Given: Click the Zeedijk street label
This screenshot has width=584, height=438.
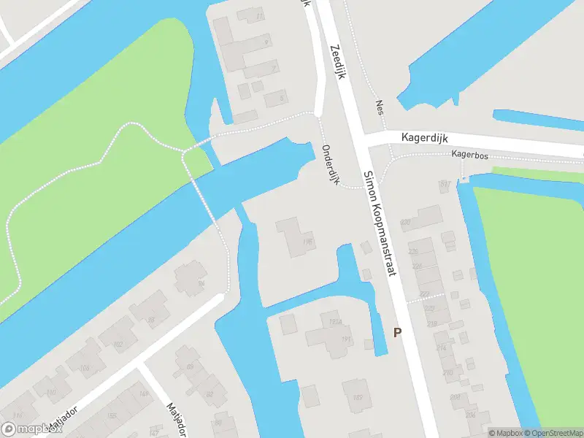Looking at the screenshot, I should tap(337, 62).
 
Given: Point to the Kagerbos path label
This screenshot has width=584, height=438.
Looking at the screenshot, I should tap(469, 155).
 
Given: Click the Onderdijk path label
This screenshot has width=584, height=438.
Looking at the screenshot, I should tap(331, 164).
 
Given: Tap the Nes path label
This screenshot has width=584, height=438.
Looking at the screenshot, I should tap(380, 108).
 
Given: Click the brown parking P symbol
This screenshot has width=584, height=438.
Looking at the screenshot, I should tap(398, 333).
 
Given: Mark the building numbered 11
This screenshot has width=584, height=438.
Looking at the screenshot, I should tap(259, 15).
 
